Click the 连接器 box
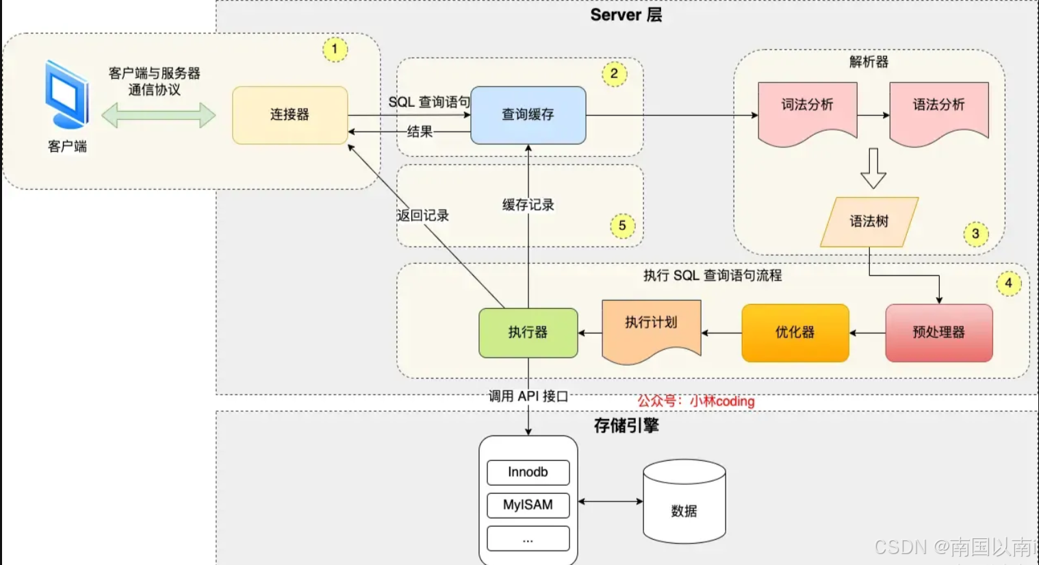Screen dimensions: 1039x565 pyautogui.click(x=290, y=115)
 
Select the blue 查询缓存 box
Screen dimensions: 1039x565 pyautogui.click(x=528, y=115)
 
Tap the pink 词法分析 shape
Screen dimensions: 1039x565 pyautogui.click(x=807, y=110)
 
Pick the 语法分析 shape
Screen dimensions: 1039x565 pyautogui.click(x=938, y=110)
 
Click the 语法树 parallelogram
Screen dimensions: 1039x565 pyautogui.click(x=869, y=222)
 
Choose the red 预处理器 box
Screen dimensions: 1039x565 pyautogui.click(x=938, y=333)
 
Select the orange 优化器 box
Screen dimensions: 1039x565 pyautogui.click(x=795, y=333)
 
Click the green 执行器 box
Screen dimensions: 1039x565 pyautogui.click(x=528, y=333)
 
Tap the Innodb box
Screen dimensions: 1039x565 pyautogui.click(x=528, y=473)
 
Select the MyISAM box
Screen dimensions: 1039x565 pyautogui.click(x=528, y=505)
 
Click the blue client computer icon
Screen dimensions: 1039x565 pyautogui.click(x=67, y=96)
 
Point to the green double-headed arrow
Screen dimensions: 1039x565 pyautogui.click(x=158, y=115)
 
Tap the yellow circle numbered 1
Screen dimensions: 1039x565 pyautogui.click(x=335, y=49)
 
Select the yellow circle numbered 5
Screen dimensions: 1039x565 pyautogui.click(x=622, y=225)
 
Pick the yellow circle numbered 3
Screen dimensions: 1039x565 pyautogui.click(x=975, y=234)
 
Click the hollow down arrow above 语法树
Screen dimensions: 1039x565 pyautogui.click(x=873, y=168)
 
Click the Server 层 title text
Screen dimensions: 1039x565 pyautogui.click(x=626, y=15)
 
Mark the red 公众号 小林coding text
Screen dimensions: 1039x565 pyautogui.click(x=695, y=401)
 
